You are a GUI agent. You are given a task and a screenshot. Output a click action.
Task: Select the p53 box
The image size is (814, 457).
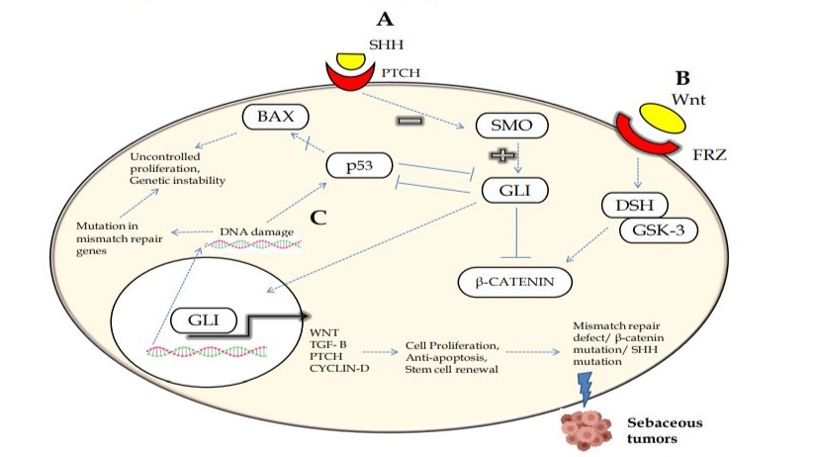pyautogui.click(x=360, y=167)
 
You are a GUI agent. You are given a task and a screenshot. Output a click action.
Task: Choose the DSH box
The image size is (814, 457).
pyautogui.click(x=633, y=205)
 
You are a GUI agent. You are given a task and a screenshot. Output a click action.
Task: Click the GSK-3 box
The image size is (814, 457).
pyautogui.click(x=657, y=231)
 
